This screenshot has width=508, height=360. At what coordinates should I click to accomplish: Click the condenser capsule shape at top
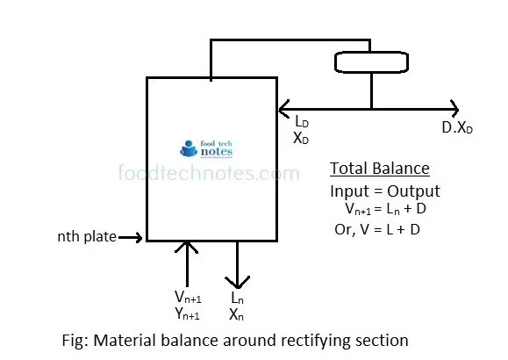tap(371, 62)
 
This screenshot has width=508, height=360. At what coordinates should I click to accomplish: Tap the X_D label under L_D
tap(302, 138)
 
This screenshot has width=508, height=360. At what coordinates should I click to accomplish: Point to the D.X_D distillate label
tap(457, 126)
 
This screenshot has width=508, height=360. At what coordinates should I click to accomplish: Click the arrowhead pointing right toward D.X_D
tap(454, 109)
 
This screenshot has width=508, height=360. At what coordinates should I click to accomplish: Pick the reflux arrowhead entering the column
tap(283, 109)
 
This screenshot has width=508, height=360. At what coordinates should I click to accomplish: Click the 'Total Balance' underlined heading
tap(380, 169)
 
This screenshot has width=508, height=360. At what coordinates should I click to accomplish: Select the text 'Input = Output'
tap(385, 191)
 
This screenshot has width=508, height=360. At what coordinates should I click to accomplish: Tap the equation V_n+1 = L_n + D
tap(388, 210)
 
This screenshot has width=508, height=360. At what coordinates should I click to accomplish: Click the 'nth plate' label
tap(86, 237)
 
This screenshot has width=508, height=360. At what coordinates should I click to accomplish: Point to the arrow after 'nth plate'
tap(130, 237)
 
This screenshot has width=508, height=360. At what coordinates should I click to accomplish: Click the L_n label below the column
tap(236, 299)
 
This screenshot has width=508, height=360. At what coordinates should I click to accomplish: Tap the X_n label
tap(236, 313)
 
